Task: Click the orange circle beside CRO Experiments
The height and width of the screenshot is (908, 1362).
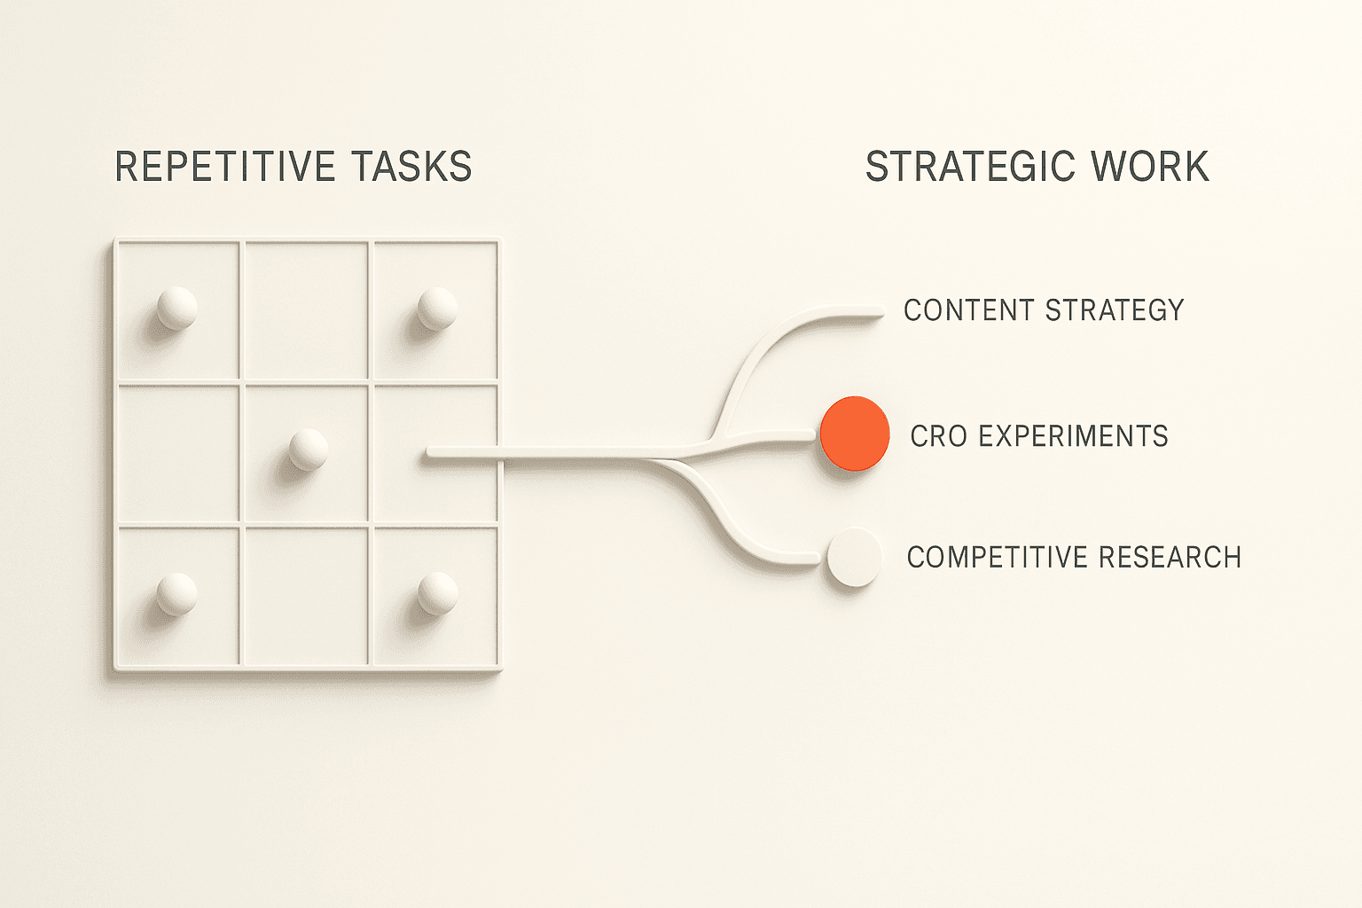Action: tap(854, 434)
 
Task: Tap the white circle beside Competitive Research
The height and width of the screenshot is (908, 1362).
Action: tap(854, 557)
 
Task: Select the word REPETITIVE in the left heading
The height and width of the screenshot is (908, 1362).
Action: tap(225, 167)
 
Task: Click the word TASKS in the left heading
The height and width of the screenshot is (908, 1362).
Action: tap(411, 167)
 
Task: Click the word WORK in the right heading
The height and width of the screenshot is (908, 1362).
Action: tap(1149, 167)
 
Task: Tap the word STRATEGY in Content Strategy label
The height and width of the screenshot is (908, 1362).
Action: tap(1115, 310)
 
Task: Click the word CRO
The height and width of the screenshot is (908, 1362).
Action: tap(940, 436)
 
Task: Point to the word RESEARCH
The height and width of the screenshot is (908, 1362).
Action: tap(1170, 557)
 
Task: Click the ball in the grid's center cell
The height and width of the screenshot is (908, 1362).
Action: tap(308, 449)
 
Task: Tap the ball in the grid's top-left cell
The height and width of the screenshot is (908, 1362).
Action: tap(176, 308)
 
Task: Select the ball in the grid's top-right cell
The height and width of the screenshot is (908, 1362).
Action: tap(437, 308)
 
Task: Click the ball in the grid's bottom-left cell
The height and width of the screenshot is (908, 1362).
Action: tap(176, 593)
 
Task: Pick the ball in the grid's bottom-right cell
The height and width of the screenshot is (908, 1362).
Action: tap(437, 593)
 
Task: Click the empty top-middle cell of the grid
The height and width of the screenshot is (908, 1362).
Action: tap(306, 310)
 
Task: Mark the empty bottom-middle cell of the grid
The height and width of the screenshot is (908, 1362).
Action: tap(306, 596)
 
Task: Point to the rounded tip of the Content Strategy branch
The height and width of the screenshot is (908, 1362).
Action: tap(878, 311)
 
